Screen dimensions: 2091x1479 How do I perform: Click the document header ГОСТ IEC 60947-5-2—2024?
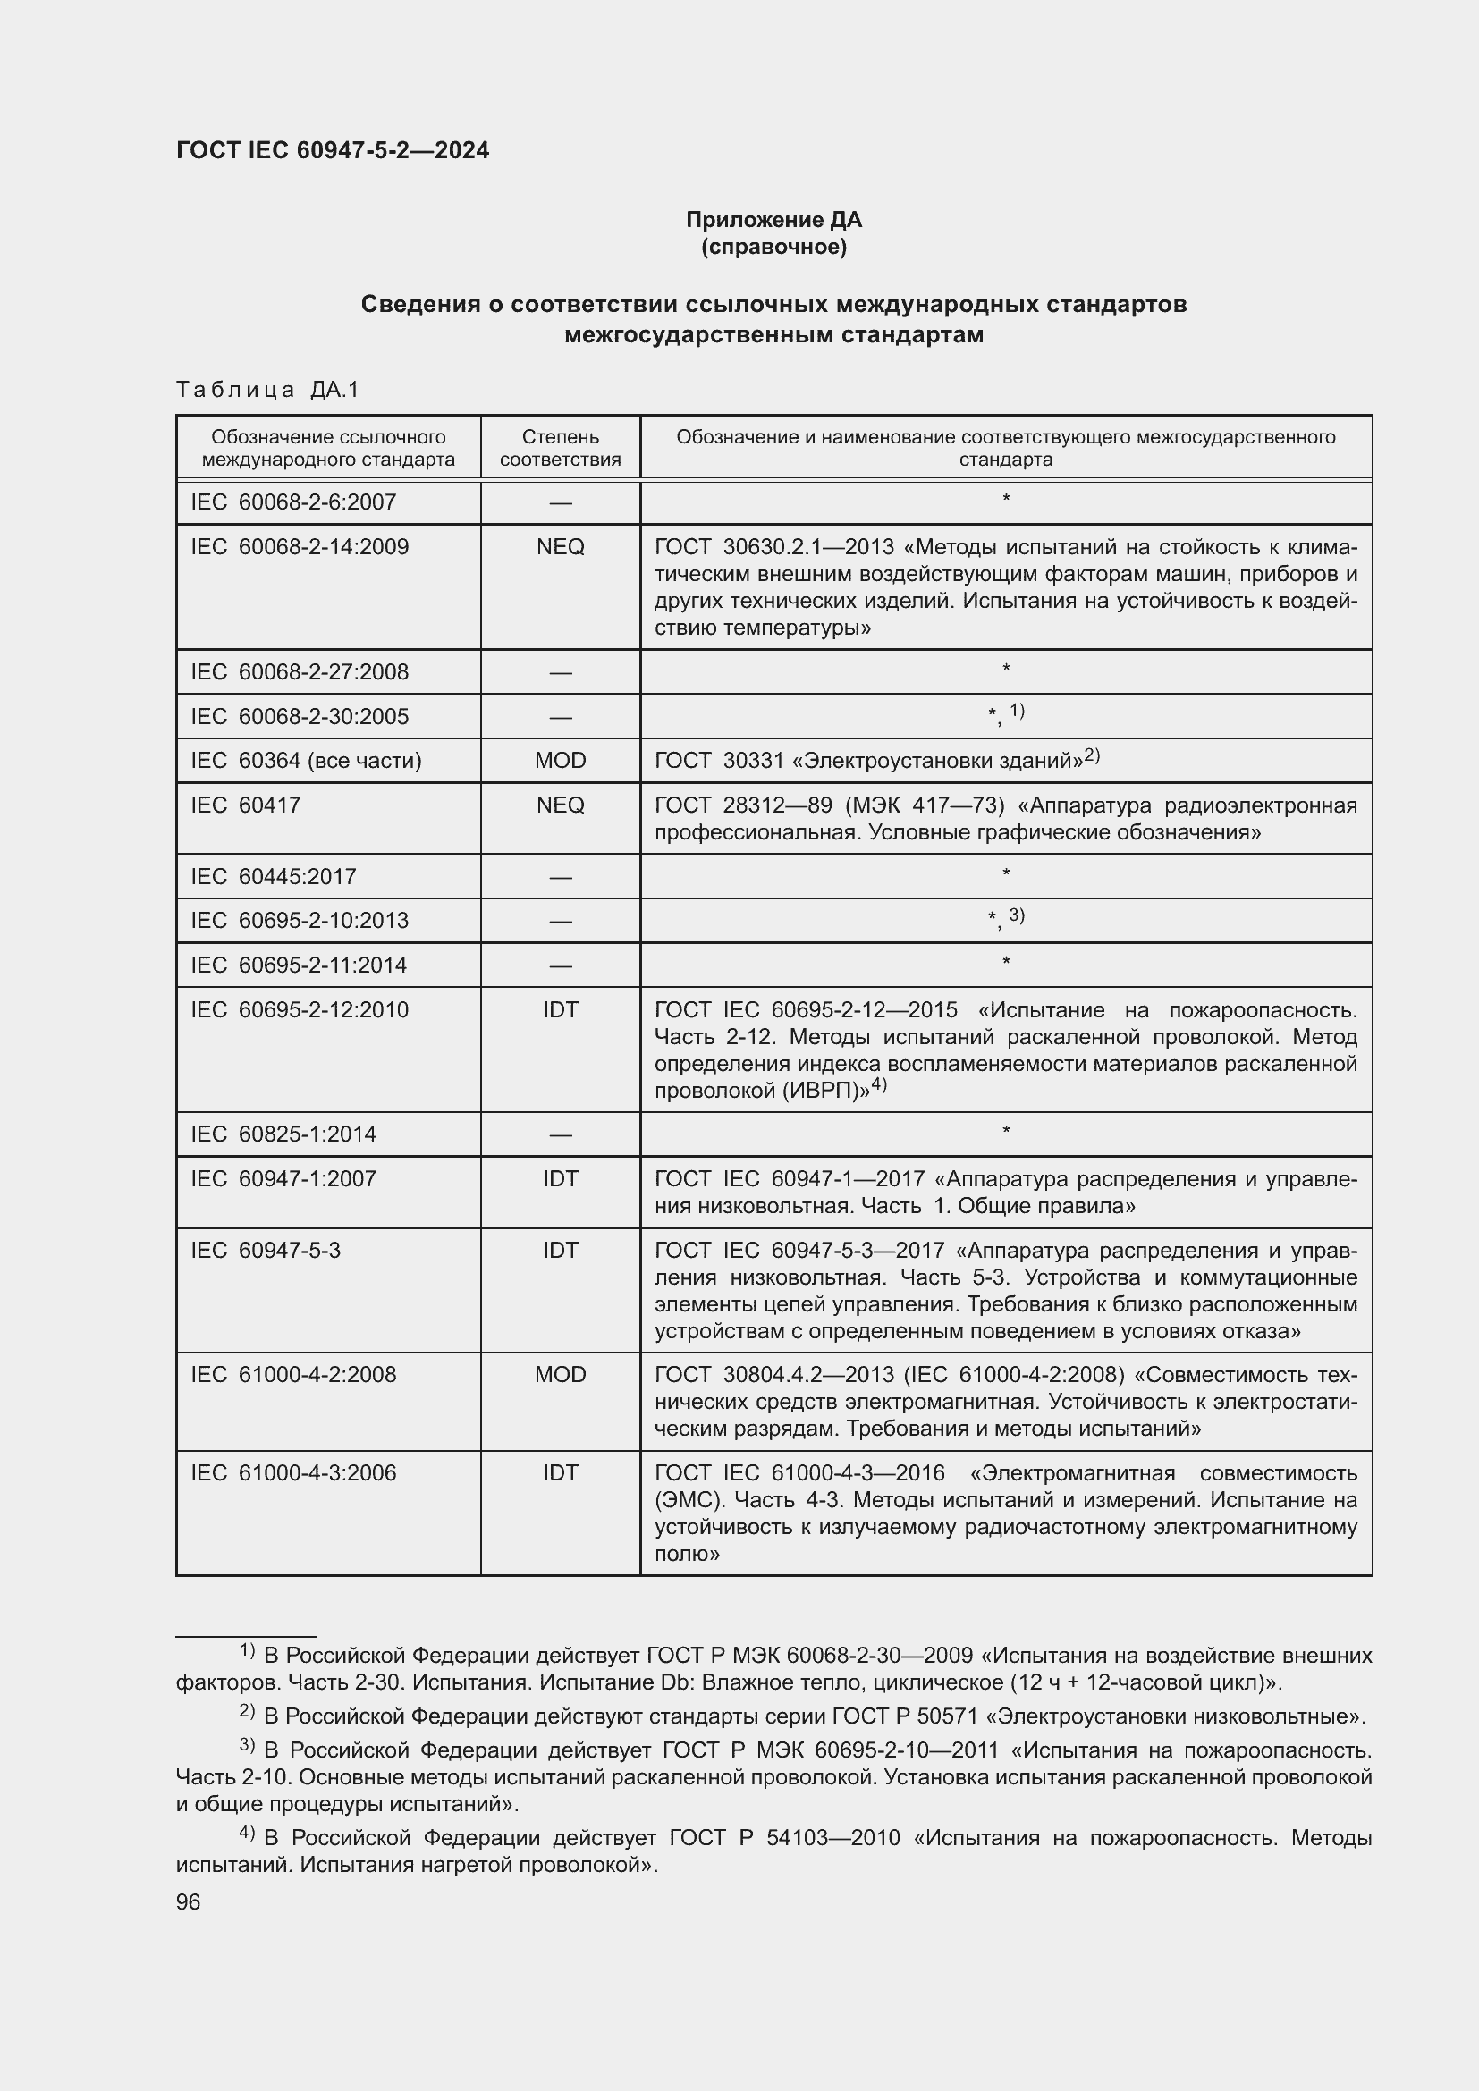(x=333, y=150)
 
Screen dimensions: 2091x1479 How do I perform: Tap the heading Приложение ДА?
(x=773, y=220)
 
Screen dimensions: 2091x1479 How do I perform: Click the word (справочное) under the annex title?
(x=773, y=247)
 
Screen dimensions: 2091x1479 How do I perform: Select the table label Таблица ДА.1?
(x=267, y=390)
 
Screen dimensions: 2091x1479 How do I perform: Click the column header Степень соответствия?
(x=560, y=448)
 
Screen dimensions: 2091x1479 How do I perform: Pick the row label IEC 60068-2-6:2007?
(x=293, y=502)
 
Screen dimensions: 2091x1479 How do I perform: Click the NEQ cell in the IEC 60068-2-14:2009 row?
(x=560, y=546)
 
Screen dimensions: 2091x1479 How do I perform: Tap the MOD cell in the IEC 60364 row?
(x=560, y=761)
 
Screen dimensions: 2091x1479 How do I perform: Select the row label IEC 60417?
(x=246, y=805)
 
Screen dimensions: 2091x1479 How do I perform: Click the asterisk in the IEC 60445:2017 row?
(x=1005, y=874)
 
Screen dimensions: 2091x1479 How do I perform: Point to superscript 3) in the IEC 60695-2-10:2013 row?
(x=1017, y=915)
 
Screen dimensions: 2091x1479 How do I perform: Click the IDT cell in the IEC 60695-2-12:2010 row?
(x=560, y=1010)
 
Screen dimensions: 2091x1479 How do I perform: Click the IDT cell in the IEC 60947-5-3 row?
(x=560, y=1251)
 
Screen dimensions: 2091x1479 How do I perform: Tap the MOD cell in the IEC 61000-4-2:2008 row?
(x=560, y=1374)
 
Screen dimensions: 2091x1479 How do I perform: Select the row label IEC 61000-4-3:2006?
(x=293, y=1472)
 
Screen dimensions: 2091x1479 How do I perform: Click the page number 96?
(x=189, y=1902)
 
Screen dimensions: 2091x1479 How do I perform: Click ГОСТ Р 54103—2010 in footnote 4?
(x=784, y=1838)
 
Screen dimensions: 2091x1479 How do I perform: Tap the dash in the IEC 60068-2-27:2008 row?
(x=560, y=673)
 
